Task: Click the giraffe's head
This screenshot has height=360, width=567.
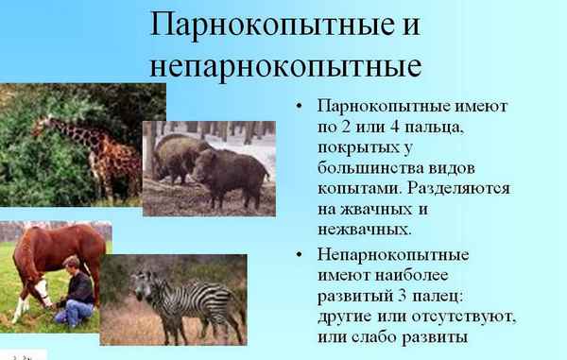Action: (43, 124)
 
